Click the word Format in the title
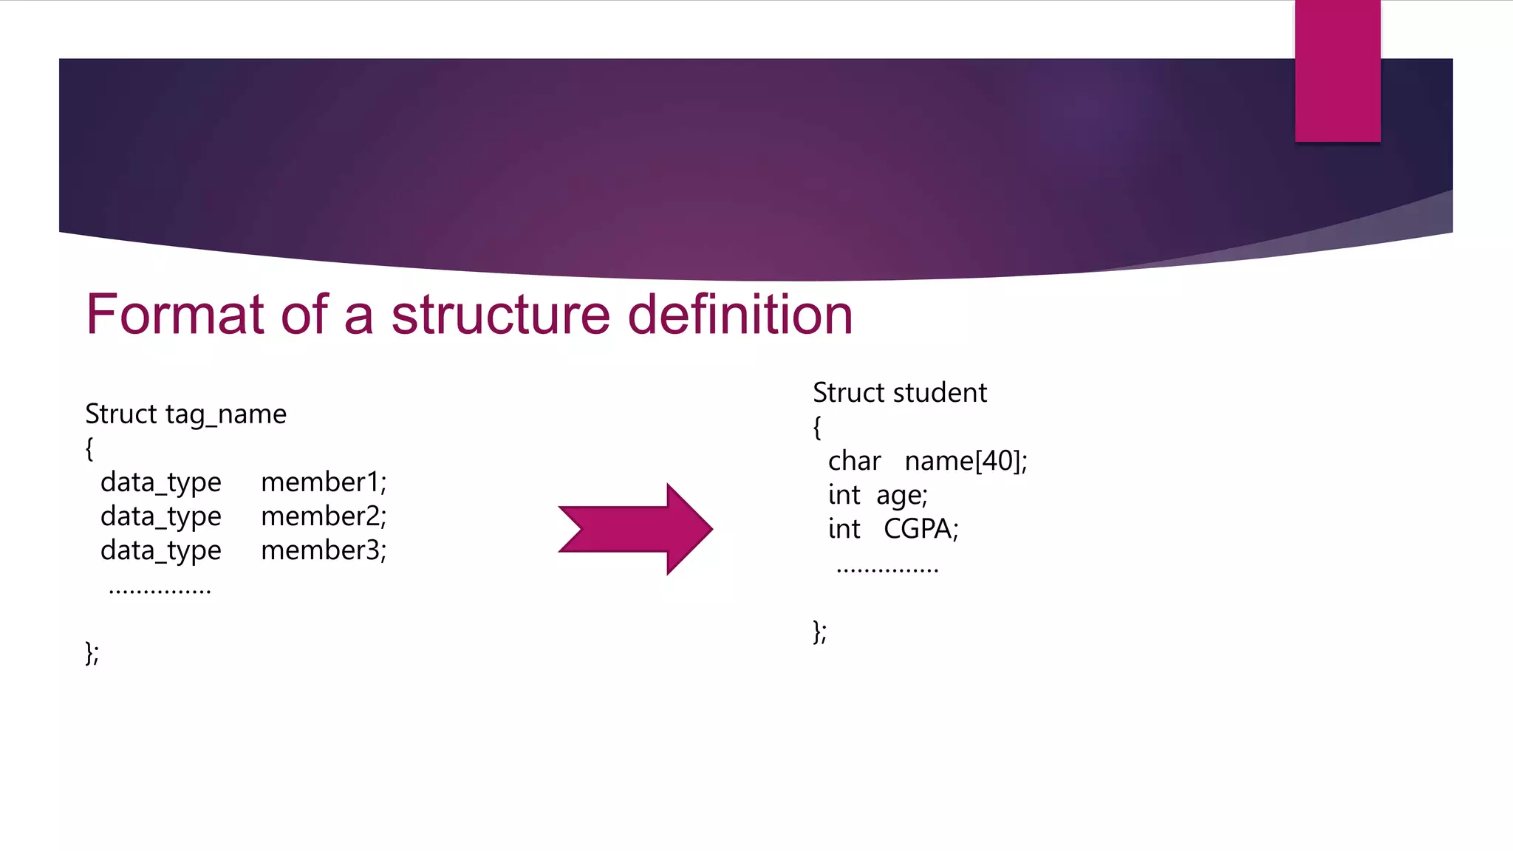[175, 315]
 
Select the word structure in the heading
[500, 315]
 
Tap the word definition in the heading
[740, 315]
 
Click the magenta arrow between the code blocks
[635, 529]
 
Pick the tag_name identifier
[225, 414]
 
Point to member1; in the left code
[324, 482]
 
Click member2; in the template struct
[324, 516]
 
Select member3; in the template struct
[324, 550]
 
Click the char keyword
[854, 461]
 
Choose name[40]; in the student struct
[966, 461]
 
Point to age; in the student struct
[901, 496]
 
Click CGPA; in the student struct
[921, 529]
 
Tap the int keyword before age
[844, 495]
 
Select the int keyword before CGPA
[844, 529]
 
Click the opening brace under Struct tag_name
[89, 448]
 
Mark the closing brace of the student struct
[817, 632]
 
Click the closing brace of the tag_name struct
[89, 653]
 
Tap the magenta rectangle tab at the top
[1337, 71]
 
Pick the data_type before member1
[161, 483]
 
